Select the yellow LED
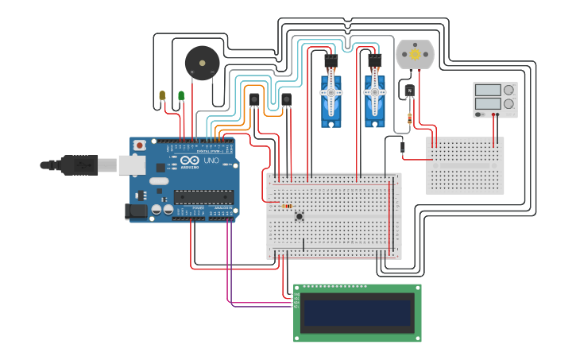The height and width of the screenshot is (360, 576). click(x=162, y=96)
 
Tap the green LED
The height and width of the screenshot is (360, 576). click(x=181, y=96)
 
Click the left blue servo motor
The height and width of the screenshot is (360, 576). click(x=331, y=99)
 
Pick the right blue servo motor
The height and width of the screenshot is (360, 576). click(x=374, y=99)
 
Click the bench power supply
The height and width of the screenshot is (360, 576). click(x=495, y=100)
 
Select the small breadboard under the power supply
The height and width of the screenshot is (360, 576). click(x=465, y=165)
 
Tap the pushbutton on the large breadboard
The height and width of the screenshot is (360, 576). click(x=300, y=215)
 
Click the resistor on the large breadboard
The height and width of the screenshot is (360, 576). click(x=284, y=206)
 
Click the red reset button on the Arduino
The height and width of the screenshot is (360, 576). click(x=140, y=145)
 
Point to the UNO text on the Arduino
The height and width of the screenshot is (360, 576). click(x=211, y=161)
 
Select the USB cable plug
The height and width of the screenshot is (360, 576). click(x=72, y=165)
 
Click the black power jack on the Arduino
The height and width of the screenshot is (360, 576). click(x=136, y=212)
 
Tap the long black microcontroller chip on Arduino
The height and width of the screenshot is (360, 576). click(x=203, y=197)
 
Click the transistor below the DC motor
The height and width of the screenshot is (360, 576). click(x=410, y=92)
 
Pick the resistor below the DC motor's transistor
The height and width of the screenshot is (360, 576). click(x=409, y=119)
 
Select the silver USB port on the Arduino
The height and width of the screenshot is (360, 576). click(x=130, y=165)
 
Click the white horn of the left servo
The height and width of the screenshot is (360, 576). click(x=331, y=92)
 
